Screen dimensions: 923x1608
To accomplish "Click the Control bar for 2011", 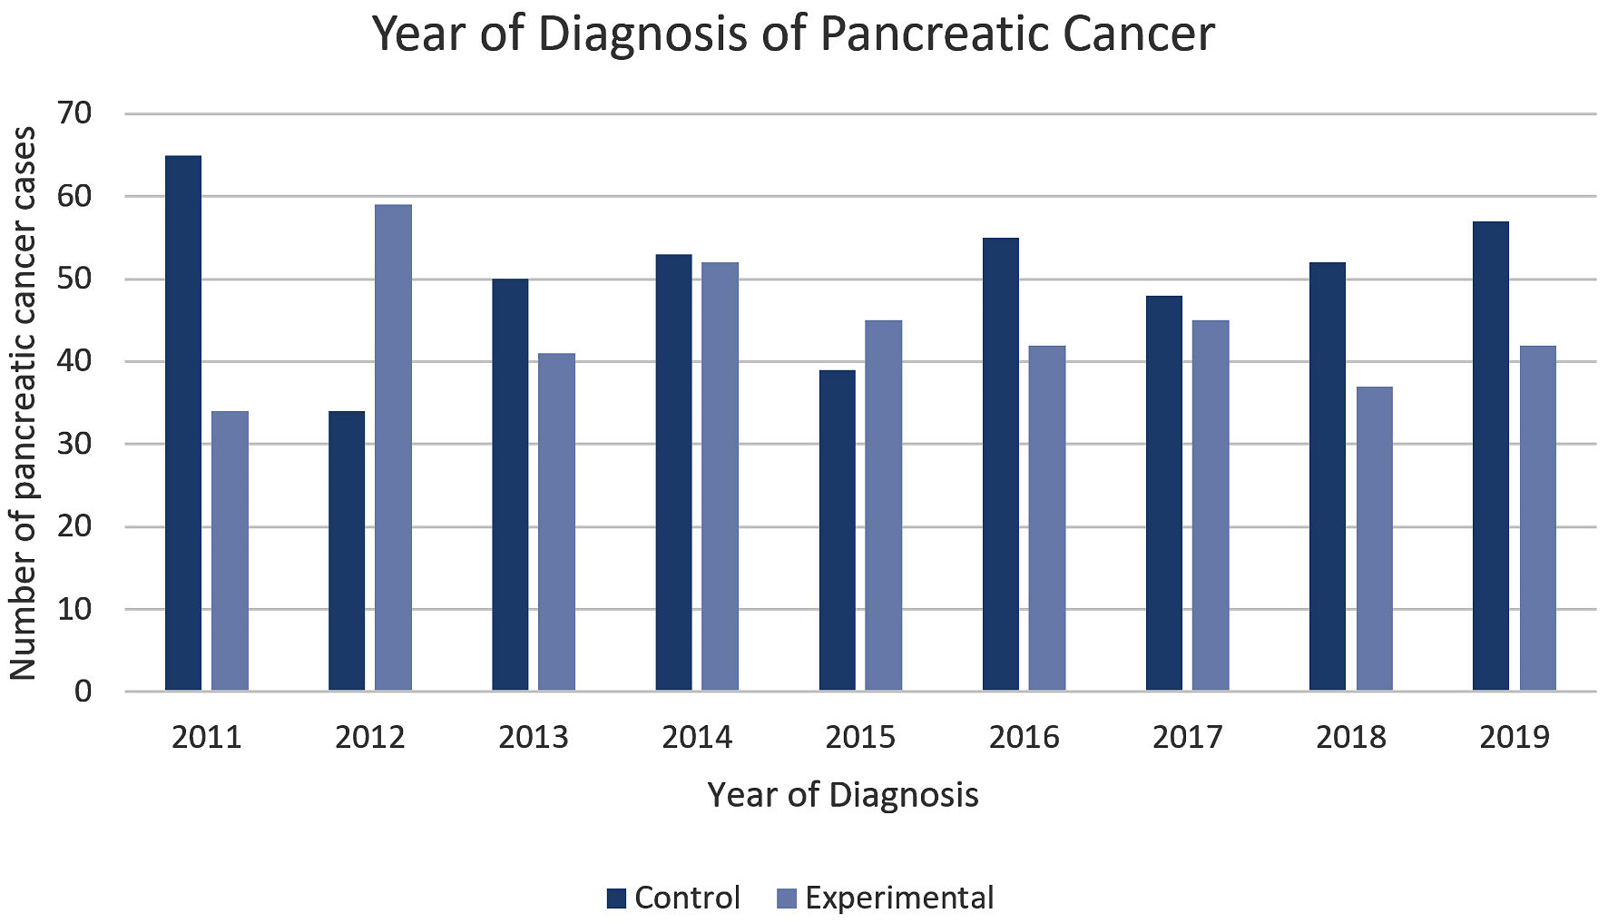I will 183,423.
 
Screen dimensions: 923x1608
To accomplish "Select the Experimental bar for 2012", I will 393,447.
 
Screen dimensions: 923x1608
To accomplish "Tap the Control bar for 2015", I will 837,530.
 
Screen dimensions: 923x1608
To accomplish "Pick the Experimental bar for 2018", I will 1374,538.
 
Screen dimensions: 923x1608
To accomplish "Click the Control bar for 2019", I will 1490,456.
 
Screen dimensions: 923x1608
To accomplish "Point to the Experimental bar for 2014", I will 720,476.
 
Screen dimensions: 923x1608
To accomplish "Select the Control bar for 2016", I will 1000,464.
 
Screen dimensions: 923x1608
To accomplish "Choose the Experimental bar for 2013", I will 556,522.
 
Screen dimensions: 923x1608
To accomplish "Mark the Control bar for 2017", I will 1163,493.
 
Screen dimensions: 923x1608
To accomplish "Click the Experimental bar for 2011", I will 230,551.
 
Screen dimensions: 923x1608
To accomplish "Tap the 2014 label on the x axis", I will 697,737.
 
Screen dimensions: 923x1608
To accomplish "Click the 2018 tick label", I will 1350,737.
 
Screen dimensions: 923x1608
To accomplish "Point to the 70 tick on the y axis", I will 74,113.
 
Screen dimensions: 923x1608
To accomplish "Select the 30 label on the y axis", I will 74,444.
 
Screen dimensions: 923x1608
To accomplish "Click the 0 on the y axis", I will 83,692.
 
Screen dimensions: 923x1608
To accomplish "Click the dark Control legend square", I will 617,898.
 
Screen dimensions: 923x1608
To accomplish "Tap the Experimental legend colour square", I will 787,898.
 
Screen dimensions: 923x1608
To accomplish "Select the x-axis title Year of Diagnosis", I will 843,795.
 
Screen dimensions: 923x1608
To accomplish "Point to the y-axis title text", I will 24,404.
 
